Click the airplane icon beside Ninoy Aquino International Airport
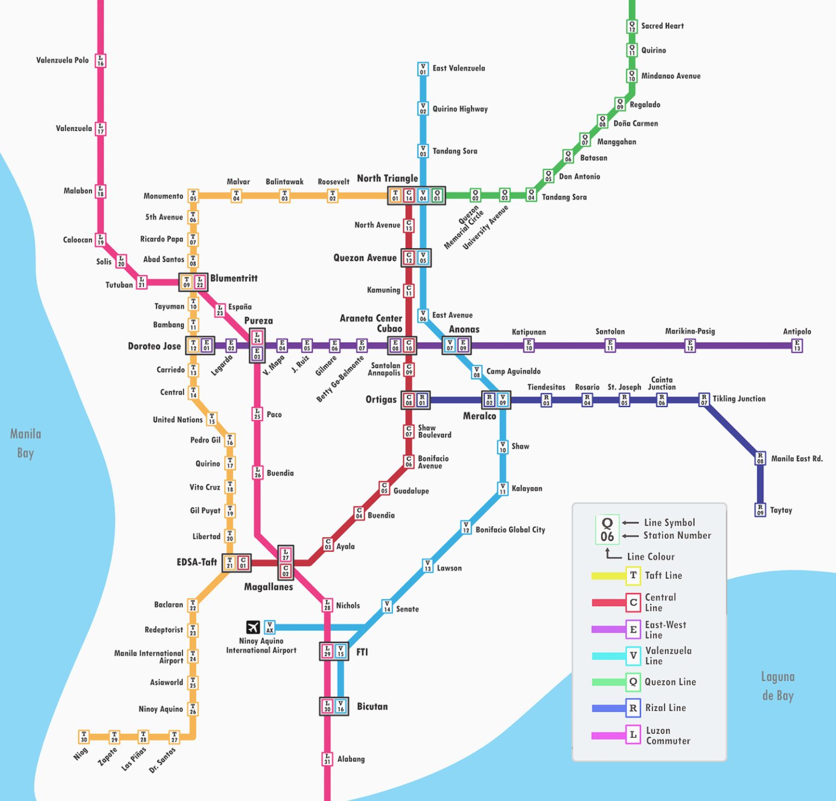(253, 627)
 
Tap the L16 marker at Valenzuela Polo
(101, 60)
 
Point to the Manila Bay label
(26, 443)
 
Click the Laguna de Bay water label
(778, 686)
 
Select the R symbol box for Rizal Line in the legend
(633, 708)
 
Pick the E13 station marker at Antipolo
(797, 346)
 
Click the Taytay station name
(781, 510)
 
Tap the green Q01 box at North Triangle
(437, 195)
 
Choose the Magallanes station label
(268, 587)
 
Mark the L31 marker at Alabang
(327, 759)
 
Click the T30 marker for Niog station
(84, 737)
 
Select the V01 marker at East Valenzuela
(423, 69)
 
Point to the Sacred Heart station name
(662, 26)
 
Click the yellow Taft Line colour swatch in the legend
(608, 576)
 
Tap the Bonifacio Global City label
(510, 529)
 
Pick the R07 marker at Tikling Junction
(704, 400)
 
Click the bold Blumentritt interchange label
(234, 278)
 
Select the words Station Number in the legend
(677, 535)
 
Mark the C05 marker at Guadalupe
(384, 488)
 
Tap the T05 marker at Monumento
(193, 196)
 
